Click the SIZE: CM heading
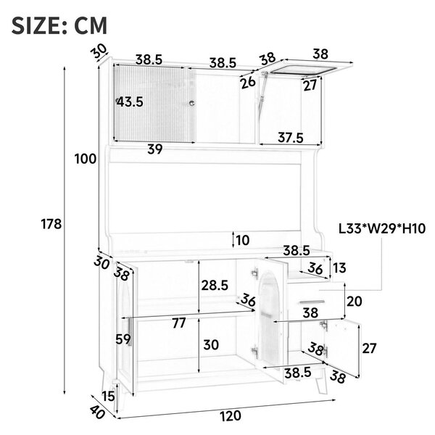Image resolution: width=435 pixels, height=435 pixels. [59, 26]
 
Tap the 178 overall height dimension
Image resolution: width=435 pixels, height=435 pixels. [51, 224]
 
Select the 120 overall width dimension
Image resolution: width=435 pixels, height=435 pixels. [231, 416]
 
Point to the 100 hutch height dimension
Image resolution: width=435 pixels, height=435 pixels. [85, 159]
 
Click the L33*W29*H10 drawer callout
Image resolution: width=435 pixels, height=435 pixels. [382, 229]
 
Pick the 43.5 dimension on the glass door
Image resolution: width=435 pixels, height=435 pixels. [130, 102]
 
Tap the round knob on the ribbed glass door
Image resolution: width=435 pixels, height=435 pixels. [191, 103]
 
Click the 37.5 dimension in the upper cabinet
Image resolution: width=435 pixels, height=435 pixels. [291, 138]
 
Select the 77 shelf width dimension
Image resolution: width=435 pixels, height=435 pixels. [178, 323]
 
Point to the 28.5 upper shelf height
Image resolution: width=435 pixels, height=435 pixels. [215, 285]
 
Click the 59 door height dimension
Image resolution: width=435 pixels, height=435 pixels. [123, 339]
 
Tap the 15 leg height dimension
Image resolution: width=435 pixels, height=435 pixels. [108, 396]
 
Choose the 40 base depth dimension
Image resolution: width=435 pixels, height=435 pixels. [97, 411]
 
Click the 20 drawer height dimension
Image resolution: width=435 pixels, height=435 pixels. [355, 302]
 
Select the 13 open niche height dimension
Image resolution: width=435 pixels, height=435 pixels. [339, 268]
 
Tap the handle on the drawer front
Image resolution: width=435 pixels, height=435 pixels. [312, 302]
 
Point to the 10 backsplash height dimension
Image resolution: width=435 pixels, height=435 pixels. [243, 240]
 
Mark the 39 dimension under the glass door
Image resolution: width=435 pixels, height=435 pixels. [155, 149]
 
